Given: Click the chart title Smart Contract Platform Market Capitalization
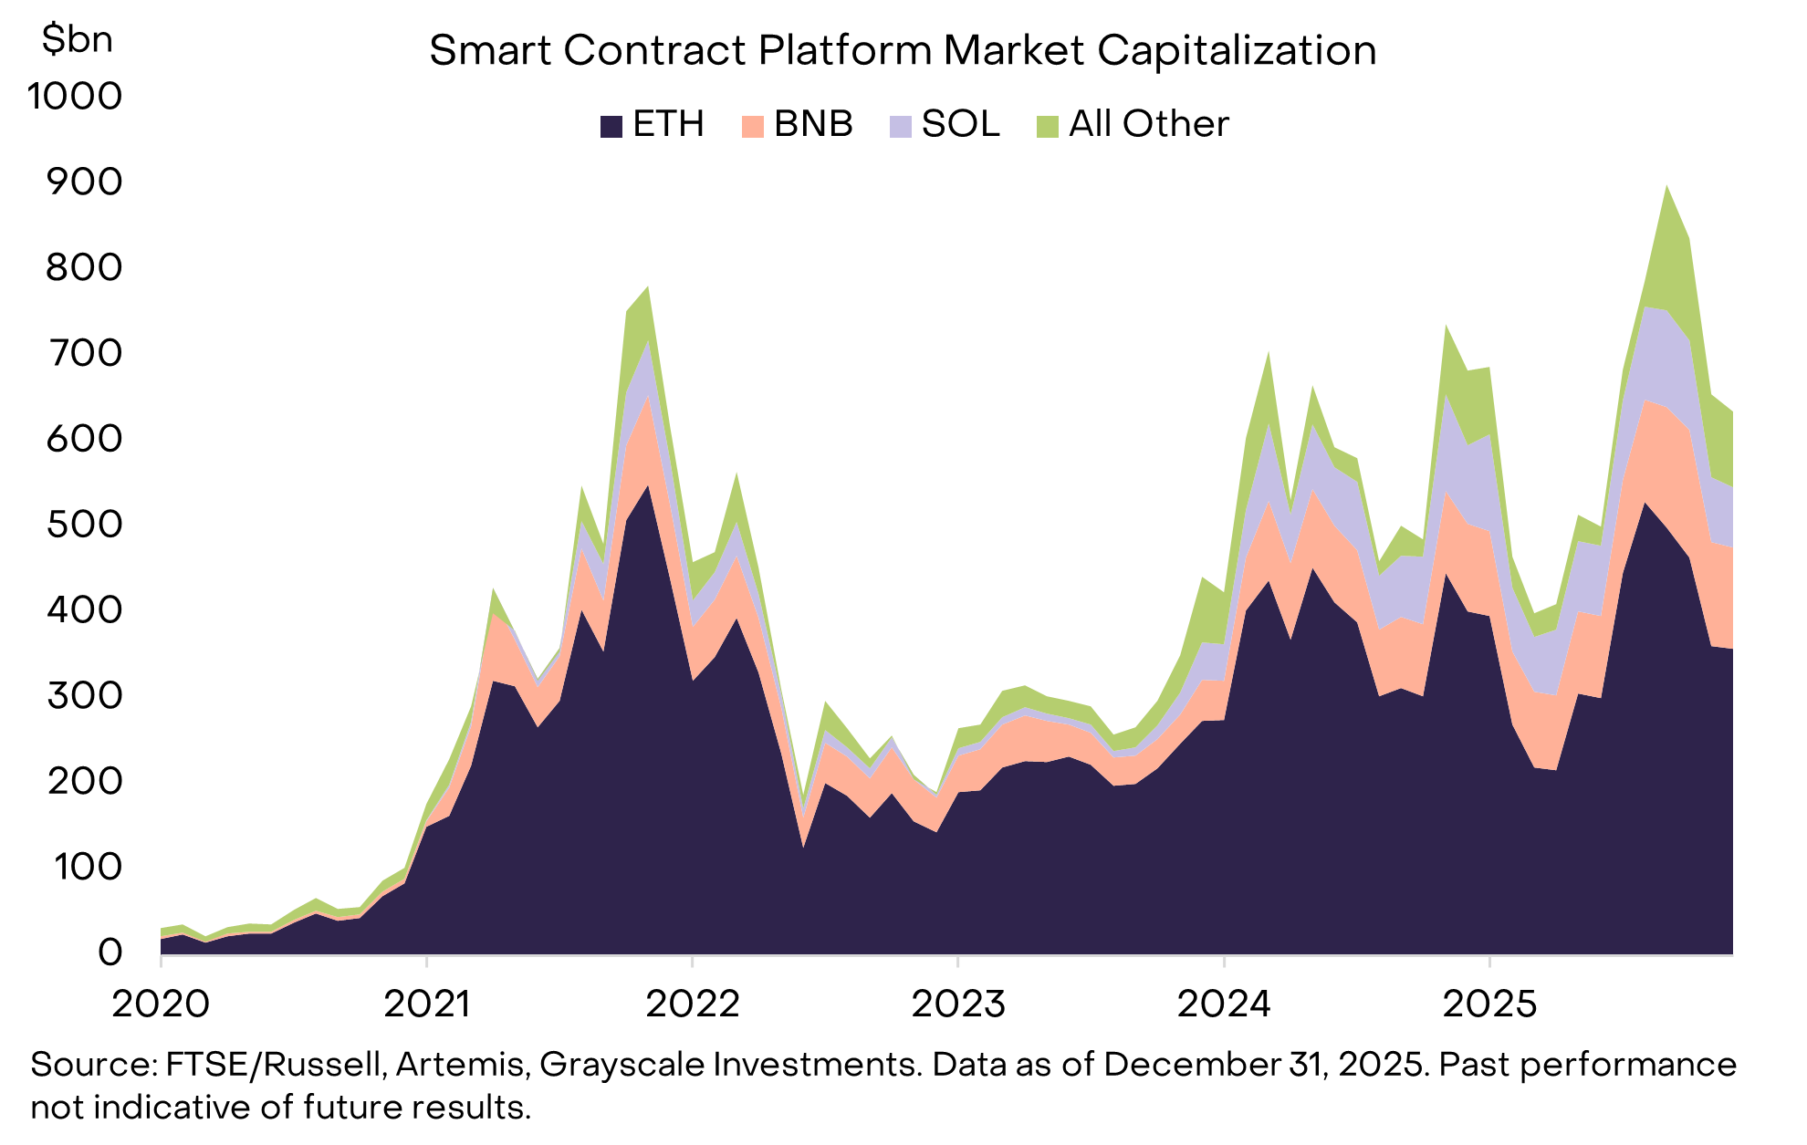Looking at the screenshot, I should (903, 50).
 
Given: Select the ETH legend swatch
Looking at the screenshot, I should (611, 126).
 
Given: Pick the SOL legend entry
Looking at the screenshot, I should (945, 124).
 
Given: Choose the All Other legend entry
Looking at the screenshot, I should (1132, 124).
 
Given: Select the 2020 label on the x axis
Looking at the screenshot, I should (161, 1004).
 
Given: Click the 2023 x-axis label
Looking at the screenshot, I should (958, 1004).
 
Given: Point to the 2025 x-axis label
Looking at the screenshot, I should (1489, 1004).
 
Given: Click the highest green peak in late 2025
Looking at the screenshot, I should (1667, 187).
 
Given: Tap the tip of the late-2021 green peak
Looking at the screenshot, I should (647, 287).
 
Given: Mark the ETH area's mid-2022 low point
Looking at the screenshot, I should (803, 846).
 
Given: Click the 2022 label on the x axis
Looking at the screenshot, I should (693, 1004).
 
